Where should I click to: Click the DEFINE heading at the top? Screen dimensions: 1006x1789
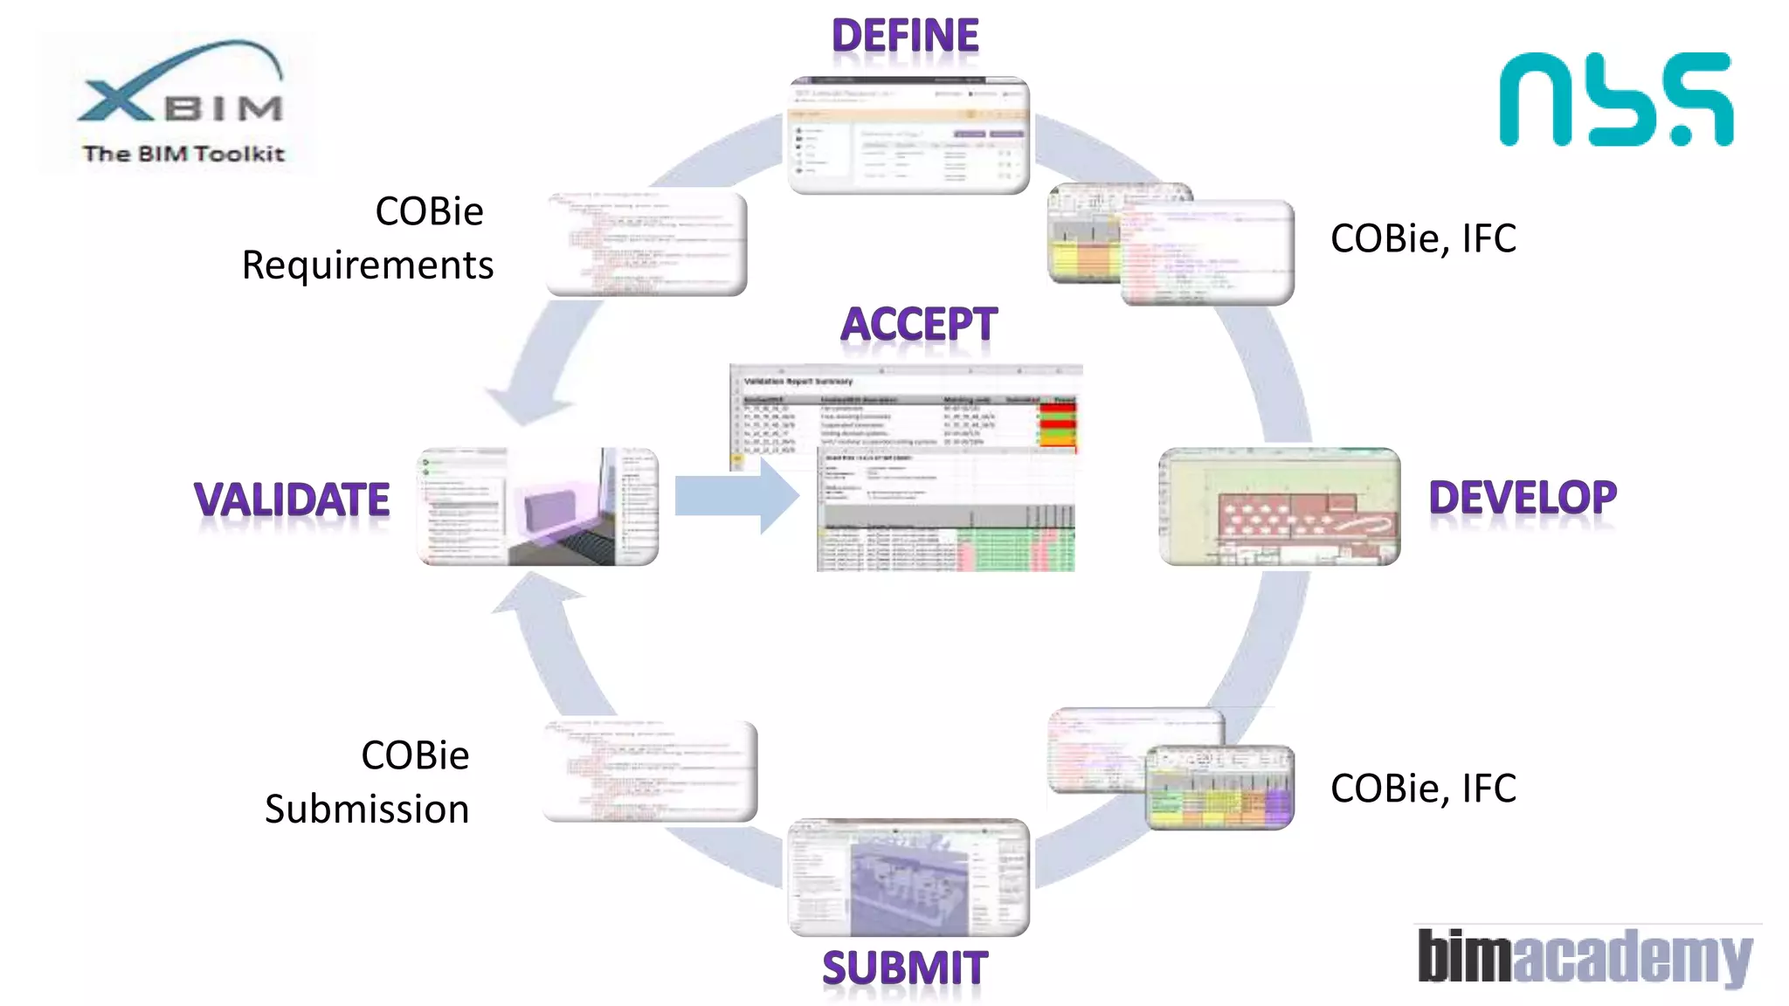click(905, 37)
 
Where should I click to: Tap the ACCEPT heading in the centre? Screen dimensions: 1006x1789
click(918, 325)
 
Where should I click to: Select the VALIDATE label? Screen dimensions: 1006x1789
click(292, 500)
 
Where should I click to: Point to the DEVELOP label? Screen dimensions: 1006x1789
click(1523, 498)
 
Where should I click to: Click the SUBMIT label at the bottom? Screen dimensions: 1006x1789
click(905, 968)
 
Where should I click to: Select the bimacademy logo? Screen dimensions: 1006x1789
click(1585, 957)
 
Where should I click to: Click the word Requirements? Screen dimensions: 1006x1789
click(368, 265)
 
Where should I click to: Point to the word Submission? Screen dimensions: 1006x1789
click(367, 810)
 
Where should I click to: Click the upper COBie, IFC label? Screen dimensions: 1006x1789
click(1423, 238)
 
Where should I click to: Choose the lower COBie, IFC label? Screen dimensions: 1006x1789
click(1423, 789)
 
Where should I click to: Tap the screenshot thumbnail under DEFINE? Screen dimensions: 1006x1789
click(908, 136)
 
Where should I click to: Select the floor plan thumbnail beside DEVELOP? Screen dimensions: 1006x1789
click(1280, 506)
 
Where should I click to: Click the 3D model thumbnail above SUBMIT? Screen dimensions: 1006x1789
click(908, 878)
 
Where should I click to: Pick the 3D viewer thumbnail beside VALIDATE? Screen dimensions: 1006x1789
click(538, 506)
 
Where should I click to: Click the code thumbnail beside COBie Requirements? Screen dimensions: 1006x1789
click(646, 244)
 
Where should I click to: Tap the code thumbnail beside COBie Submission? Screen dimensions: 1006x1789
click(650, 771)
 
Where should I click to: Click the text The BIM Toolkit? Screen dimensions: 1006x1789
click(183, 154)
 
